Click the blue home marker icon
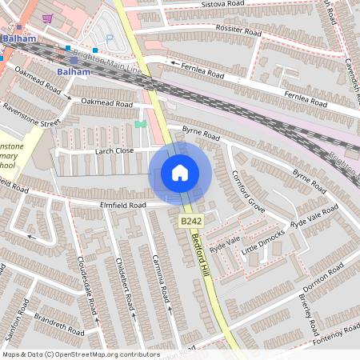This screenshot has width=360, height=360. click(x=180, y=173)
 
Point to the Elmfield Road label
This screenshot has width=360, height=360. click(x=122, y=206)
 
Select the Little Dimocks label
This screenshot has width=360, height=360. click(x=263, y=239)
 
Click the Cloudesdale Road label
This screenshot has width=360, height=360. click(x=87, y=283)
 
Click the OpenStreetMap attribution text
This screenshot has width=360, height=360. click(x=80, y=354)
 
